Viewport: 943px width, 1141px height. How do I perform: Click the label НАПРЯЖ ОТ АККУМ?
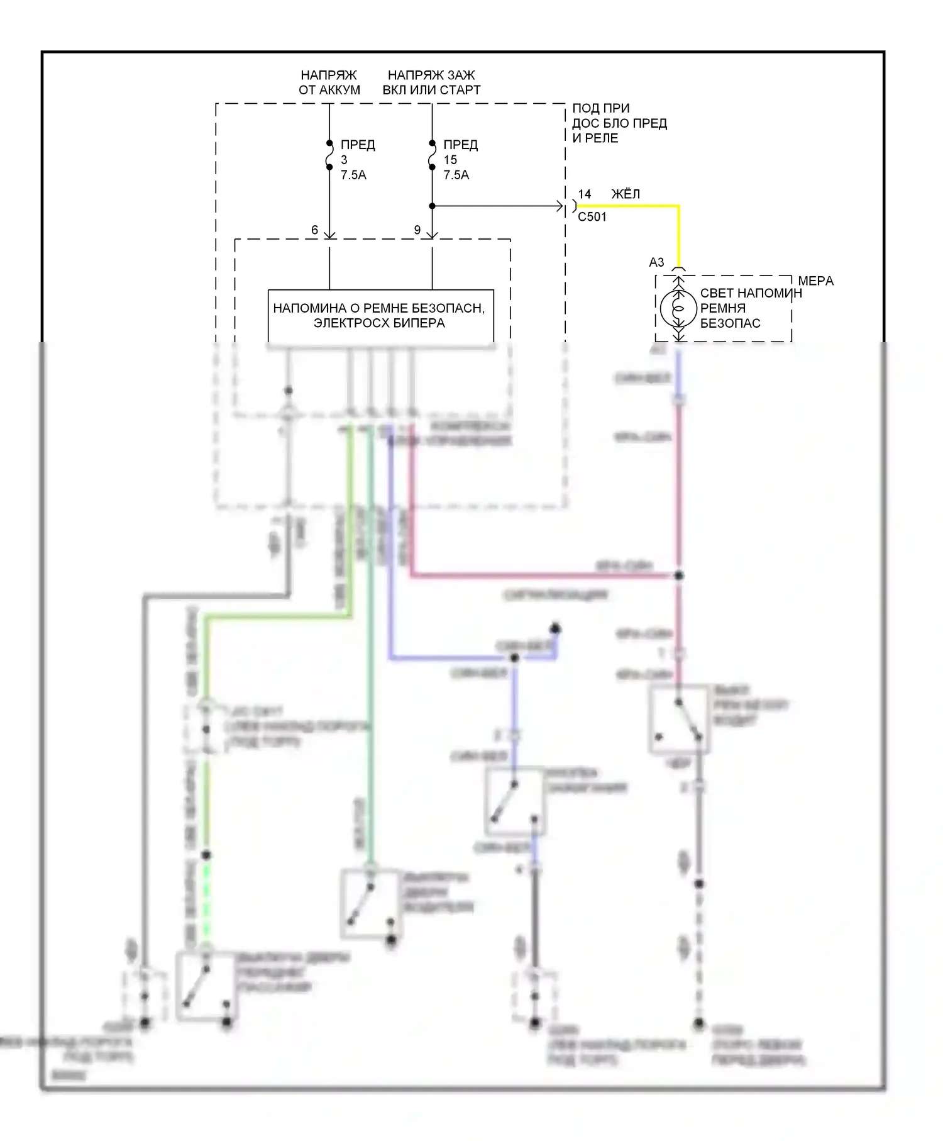click(329, 82)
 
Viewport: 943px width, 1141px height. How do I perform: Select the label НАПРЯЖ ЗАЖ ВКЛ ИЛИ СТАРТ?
click(431, 82)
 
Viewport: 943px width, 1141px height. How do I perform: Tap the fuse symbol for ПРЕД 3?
click(329, 155)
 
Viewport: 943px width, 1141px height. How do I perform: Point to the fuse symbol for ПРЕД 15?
click(432, 155)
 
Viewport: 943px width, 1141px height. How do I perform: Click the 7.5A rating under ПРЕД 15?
click(456, 175)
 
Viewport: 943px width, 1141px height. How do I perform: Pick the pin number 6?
click(314, 230)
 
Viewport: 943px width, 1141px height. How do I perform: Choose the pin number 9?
click(417, 230)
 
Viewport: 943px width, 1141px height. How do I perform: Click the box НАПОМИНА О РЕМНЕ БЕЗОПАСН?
click(380, 316)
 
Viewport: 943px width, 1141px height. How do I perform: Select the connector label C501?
click(592, 217)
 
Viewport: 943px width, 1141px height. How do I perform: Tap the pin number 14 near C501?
click(585, 194)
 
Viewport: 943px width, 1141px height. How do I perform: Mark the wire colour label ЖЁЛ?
click(626, 194)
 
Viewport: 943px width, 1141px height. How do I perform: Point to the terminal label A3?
click(656, 262)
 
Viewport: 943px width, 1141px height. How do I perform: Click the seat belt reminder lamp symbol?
click(678, 308)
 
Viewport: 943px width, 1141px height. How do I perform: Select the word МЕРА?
click(815, 281)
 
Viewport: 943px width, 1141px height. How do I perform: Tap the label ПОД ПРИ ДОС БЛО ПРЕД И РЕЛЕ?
click(619, 123)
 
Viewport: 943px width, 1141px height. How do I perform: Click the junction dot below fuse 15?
click(432, 206)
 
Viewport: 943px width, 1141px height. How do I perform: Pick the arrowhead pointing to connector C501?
click(560, 206)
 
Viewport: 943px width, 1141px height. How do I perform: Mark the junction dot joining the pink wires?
click(678, 576)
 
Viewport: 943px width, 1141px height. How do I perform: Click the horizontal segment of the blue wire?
click(453, 658)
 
